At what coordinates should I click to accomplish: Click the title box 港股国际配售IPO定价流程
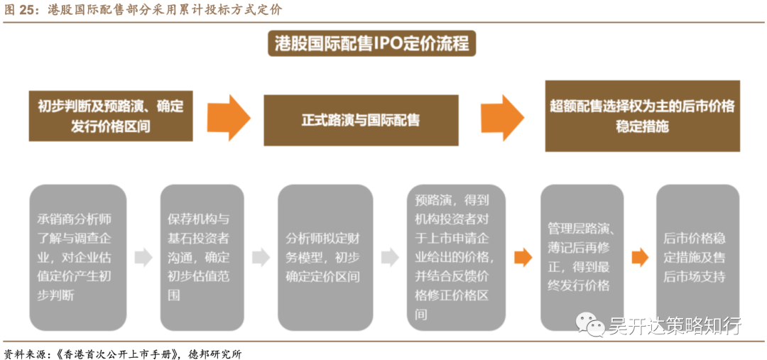(x=371, y=44)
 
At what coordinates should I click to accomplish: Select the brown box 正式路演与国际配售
(x=361, y=120)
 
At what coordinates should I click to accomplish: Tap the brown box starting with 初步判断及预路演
(x=111, y=116)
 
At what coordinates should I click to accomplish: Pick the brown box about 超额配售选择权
(x=642, y=116)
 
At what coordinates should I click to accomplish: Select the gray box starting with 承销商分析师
(x=77, y=256)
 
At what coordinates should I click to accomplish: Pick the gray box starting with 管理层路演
(x=581, y=256)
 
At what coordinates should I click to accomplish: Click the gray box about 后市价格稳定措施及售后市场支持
(x=697, y=256)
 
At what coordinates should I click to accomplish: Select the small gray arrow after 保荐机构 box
(x=261, y=257)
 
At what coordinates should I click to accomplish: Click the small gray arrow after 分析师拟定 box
(x=389, y=257)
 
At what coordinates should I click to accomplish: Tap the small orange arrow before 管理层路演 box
(x=523, y=257)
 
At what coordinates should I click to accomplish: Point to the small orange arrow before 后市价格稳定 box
(x=640, y=257)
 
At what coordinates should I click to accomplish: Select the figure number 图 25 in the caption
(x=19, y=10)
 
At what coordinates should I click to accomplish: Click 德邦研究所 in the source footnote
(x=215, y=353)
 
